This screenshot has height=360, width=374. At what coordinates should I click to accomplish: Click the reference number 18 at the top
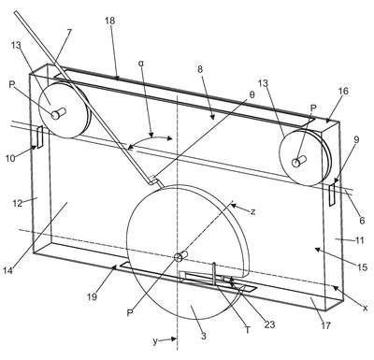coord(110,21)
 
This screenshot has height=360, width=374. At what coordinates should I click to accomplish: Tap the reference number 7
coord(69,33)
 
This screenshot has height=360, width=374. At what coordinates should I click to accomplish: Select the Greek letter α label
coord(141,64)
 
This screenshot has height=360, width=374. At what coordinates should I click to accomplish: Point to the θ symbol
coord(252,95)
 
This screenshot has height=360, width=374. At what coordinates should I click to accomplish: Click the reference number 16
coord(343,91)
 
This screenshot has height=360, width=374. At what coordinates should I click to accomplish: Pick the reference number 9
coord(356,139)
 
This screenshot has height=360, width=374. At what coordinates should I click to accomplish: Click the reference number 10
coord(10,158)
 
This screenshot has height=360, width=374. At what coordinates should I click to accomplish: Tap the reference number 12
coord(18,203)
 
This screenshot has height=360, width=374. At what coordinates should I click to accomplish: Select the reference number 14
coord(8,270)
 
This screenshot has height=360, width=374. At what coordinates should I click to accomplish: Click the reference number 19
coord(92,296)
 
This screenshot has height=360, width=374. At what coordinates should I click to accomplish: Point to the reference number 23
coord(270,324)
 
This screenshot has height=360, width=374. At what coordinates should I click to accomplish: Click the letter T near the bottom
coord(248,330)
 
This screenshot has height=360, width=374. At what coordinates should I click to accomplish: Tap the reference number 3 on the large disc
coord(204,337)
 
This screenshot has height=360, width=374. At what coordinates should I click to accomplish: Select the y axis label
coord(155,341)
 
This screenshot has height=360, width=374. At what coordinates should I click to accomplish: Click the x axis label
coord(365,308)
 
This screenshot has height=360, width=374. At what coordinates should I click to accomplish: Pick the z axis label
coord(253,212)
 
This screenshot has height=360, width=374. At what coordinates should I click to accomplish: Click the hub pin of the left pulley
coord(59,113)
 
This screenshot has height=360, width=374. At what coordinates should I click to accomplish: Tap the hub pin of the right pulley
coord(299,161)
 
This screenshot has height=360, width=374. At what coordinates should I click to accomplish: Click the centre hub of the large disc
coord(180,256)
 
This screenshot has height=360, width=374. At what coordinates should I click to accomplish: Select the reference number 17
coord(325,326)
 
